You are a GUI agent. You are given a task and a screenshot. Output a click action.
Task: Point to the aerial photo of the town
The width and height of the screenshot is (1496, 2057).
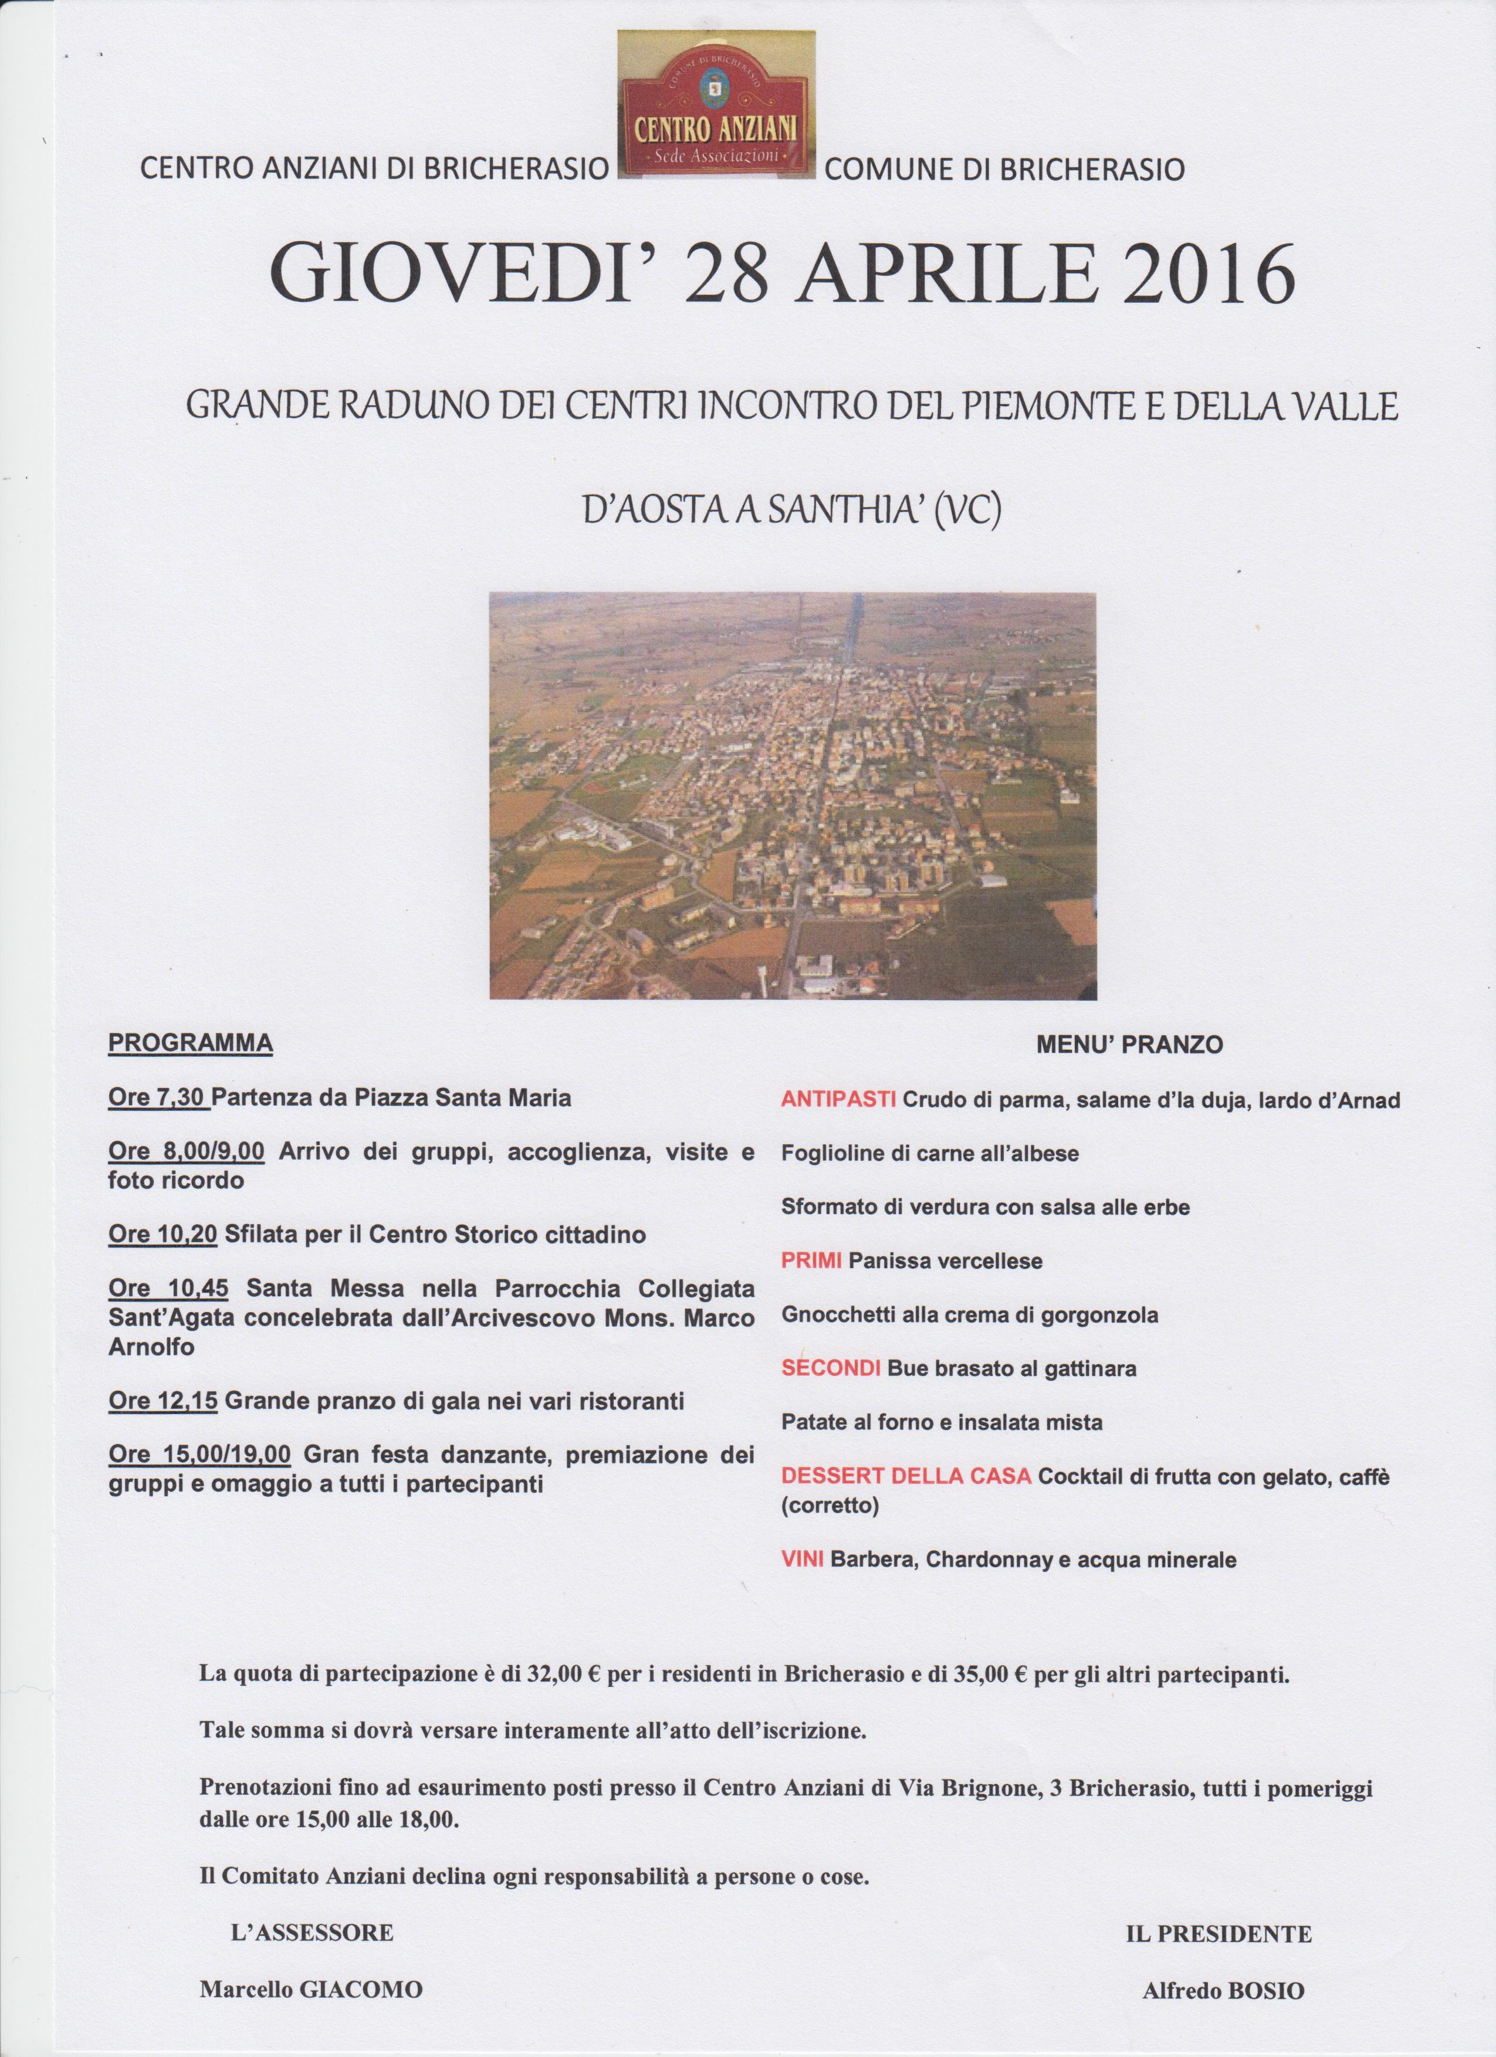792,795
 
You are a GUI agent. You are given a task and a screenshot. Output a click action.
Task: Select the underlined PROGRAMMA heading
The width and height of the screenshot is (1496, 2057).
191,1043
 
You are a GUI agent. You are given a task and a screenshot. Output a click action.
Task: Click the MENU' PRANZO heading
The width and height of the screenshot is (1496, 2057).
1129,1045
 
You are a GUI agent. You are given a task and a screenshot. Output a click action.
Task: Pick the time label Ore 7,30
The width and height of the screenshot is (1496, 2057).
159,1099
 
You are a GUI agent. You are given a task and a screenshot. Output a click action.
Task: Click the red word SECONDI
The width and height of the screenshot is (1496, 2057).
831,1368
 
